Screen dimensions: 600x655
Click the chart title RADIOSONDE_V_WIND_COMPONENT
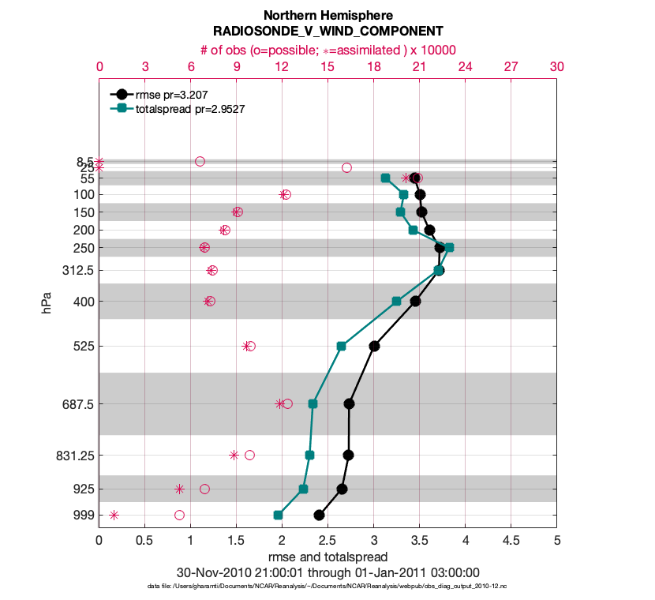click(327, 32)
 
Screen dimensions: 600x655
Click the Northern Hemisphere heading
click(327, 16)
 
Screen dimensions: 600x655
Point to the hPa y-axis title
click(47, 299)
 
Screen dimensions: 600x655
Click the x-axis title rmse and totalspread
click(327, 557)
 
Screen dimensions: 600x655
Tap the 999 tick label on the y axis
click(83, 515)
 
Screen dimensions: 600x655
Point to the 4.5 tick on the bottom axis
click(511, 542)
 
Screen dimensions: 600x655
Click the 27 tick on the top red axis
click(511, 67)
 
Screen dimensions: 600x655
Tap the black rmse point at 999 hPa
click(319, 515)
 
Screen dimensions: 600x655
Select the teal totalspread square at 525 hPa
click(341, 346)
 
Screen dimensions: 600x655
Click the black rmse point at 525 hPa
click(374, 346)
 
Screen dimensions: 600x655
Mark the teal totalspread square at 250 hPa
click(449, 247)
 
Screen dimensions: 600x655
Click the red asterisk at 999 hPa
click(114, 515)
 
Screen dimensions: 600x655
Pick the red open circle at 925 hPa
click(204, 489)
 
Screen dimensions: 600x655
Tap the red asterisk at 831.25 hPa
click(234, 455)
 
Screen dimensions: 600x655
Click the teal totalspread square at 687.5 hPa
click(313, 403)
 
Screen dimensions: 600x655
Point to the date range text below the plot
click(327, 572)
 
